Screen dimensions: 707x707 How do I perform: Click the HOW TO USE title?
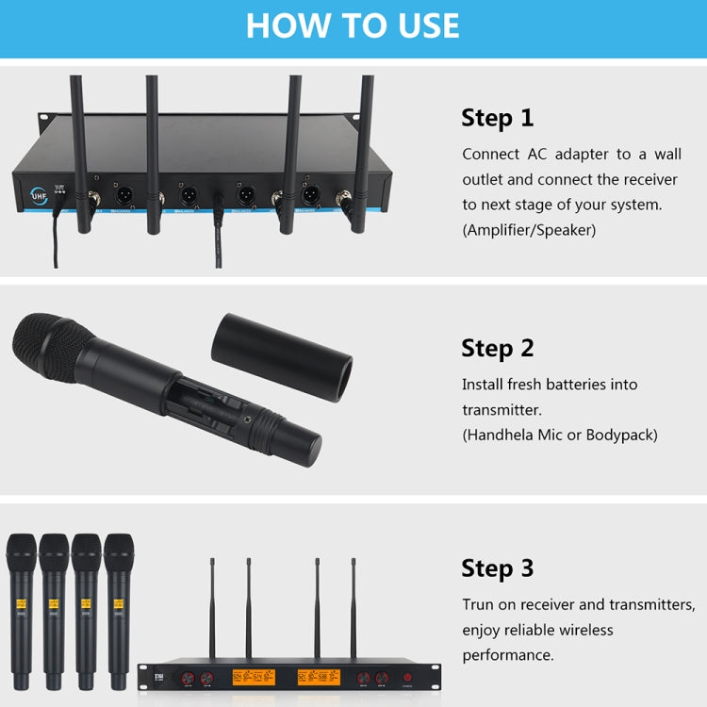click(x=353, y=25)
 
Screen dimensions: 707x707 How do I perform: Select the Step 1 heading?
click(x=497, y=118)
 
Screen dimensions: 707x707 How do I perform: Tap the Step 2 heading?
click(x=497, y=348)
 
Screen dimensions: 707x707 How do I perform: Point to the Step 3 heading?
click(x=497, y=568)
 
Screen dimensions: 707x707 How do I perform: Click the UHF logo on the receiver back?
click(x=40, y=195)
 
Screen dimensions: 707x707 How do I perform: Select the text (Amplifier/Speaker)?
click(x=529, y=229)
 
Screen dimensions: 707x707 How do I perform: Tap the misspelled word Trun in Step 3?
click(x=479, y=604)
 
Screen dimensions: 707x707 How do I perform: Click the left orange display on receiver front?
click(x=254, y=677)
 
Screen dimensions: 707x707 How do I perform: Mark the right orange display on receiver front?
click(x=319, y=677)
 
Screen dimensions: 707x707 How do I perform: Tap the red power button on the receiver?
click(x=408, y=677)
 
